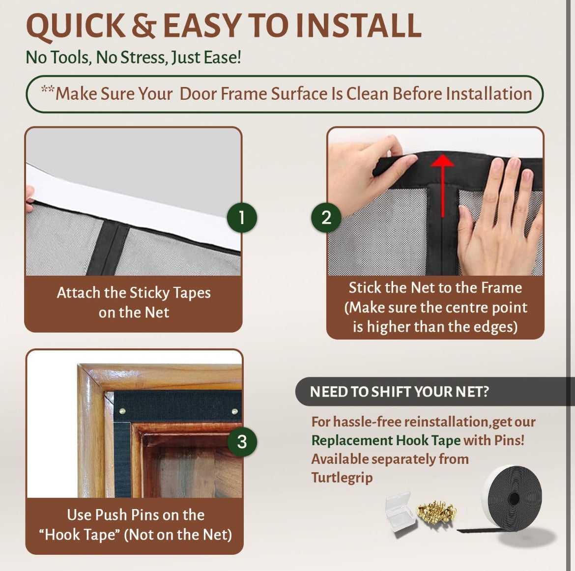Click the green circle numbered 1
pyautogui.click(x=241, y=217)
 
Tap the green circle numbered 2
pyautogui.click(x=326, y=217)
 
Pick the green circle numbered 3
pyautogui.click(x=242, y=441)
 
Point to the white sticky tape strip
pyautogui.click(x=133, y=206)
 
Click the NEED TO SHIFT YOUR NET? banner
pyautogui.click(x=399, y=392)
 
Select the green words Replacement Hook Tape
pyautogui.click(x=386, y=440)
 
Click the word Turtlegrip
pyautogui.click(x=342, y=478)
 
